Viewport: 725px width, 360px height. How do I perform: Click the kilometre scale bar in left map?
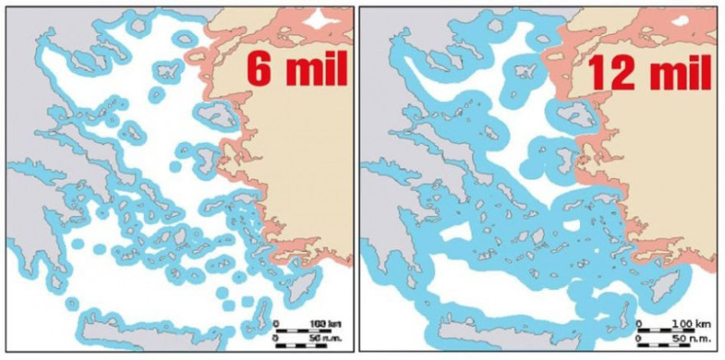[297, 330]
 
